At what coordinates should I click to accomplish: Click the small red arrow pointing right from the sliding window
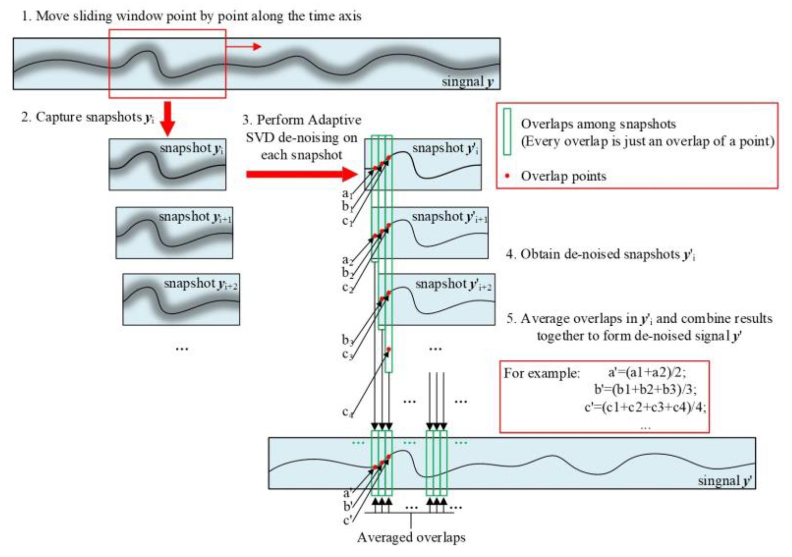point(243,46)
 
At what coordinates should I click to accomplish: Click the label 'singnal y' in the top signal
point(467,82)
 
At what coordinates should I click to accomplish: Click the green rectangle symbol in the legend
point(507,132)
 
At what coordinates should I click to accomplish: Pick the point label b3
point(347,340)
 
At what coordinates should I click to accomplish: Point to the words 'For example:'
point(542,373)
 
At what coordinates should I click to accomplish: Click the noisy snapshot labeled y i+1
point(174,233)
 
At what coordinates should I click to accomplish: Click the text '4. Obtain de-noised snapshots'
point(600,255)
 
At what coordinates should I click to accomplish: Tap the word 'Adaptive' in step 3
point(334,120)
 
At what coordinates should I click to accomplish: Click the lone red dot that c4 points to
point(389,350)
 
